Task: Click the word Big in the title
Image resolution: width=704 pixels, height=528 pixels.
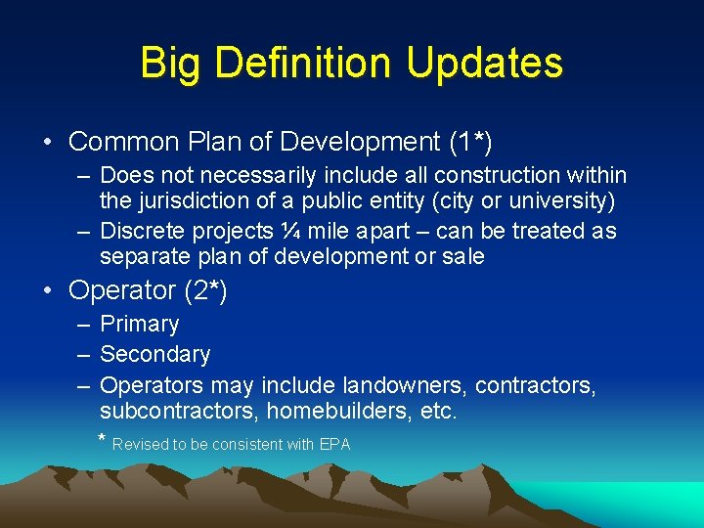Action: point(171,63)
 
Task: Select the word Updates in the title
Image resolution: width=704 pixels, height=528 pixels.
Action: point(485,63)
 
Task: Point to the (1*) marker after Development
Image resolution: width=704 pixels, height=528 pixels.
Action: point(470,142)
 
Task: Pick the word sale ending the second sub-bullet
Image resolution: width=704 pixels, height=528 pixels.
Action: point(462,256)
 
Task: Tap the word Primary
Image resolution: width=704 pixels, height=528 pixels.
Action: point(139,324)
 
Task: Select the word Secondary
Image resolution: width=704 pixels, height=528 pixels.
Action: point(154,354)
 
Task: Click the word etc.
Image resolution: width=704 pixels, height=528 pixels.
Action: point(436,412)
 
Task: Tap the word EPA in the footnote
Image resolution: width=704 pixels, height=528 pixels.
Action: point(334,444)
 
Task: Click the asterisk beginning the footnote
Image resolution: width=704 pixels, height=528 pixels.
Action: point(103,439)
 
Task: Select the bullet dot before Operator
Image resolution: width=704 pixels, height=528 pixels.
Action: point(48,290)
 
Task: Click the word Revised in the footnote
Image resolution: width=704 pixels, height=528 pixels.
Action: point(141,444)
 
